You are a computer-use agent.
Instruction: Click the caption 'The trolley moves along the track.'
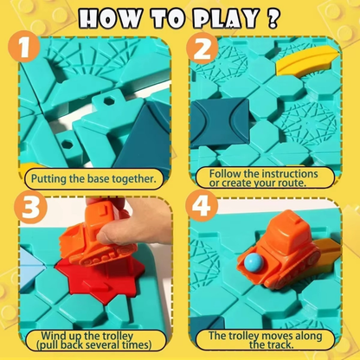point(263,337)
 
